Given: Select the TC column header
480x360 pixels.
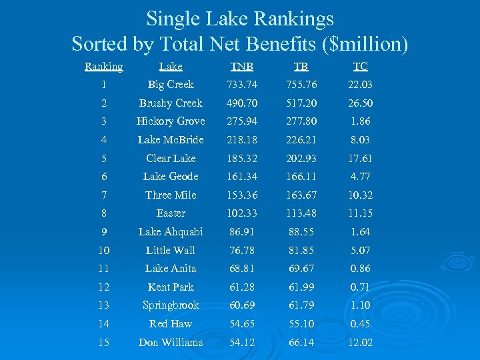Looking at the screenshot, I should [361, 66].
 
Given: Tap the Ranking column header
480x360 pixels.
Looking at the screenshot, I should [104, 66].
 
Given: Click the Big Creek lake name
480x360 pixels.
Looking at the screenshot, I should [171, 85].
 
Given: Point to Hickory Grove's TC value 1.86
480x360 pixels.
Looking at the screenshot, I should [361, 121].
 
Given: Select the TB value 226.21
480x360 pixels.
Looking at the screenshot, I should [301, 140].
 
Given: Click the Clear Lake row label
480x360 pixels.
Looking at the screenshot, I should [171, 159].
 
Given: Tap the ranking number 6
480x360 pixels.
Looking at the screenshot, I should [104, 177].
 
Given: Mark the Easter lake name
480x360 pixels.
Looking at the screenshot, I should [171, 213].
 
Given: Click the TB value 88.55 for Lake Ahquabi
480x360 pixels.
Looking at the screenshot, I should [301, 232].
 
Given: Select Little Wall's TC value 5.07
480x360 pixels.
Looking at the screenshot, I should [361, 251].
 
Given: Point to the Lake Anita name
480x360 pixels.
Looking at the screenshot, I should [171, 269].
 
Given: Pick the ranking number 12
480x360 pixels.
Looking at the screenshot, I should [104, 287].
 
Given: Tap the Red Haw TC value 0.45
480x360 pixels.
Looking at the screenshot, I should [361, 324].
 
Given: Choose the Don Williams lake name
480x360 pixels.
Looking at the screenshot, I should [171, 343].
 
